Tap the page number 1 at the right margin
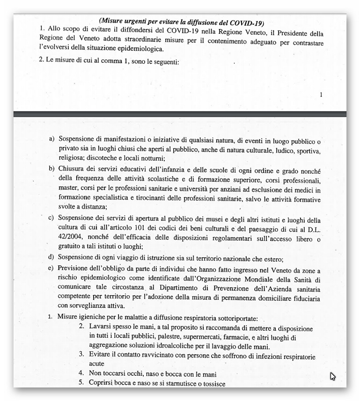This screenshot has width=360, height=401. (321, 95)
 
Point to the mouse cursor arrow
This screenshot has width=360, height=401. (332, 376)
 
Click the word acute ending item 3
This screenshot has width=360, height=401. (97, 364)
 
